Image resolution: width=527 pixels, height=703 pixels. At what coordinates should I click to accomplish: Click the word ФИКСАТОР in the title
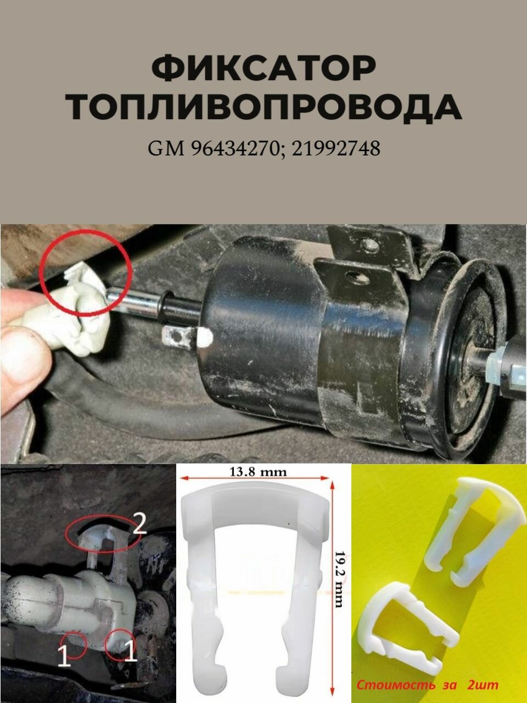tap(263, 68)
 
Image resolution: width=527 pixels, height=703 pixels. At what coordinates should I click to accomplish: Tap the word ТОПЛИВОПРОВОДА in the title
tap(263, 107)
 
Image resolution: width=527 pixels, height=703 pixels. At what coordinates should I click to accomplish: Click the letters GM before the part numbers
tap(166, 148)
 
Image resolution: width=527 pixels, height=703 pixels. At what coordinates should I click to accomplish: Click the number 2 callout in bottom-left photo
tap(139, 526)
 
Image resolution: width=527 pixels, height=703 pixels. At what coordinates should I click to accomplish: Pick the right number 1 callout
tap(130, 652)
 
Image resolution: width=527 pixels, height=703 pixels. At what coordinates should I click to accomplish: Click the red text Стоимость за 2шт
tap(428, 685)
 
